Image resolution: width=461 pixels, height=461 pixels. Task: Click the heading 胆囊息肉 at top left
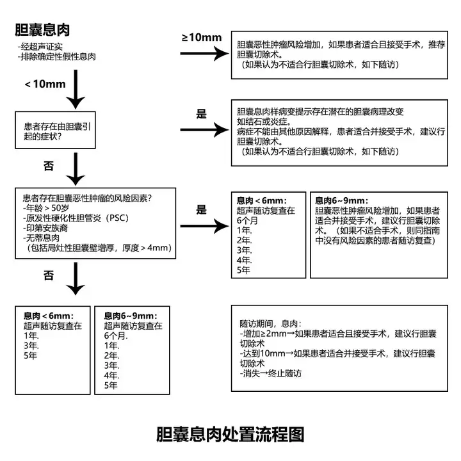42,29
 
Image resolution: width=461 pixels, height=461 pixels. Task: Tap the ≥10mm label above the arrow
202,37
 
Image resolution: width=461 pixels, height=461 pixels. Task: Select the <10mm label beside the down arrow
45,84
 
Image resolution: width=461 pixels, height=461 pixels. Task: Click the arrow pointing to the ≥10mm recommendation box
205,54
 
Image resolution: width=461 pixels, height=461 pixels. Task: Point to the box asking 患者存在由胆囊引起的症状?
55,130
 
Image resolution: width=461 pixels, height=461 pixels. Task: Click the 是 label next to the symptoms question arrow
202,114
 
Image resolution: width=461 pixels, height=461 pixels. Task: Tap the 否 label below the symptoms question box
49,166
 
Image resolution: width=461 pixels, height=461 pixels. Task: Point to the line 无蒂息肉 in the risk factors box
42,238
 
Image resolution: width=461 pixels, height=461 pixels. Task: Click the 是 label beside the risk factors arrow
202,210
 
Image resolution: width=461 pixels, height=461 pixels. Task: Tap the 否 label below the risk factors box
49,275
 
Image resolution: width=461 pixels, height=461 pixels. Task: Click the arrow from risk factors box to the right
205,226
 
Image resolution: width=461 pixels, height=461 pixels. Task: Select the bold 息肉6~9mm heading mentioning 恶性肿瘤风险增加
341,200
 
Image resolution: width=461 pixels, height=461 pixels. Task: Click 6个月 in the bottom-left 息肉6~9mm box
115,336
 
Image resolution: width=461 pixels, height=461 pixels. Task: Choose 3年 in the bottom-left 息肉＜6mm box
31,346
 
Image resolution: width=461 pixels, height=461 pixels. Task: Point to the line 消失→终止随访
271,373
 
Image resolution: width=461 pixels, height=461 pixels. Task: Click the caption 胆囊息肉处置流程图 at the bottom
230,434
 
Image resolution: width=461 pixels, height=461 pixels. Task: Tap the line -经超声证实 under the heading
40,47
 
